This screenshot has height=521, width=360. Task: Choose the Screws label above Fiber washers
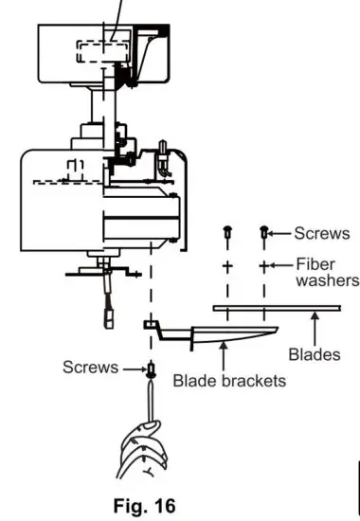coord(320,231)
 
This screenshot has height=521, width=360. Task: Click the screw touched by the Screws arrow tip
coord(264,232)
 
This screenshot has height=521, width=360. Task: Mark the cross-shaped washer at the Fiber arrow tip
coord(264,266)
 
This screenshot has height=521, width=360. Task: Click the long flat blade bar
coord(275,307)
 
